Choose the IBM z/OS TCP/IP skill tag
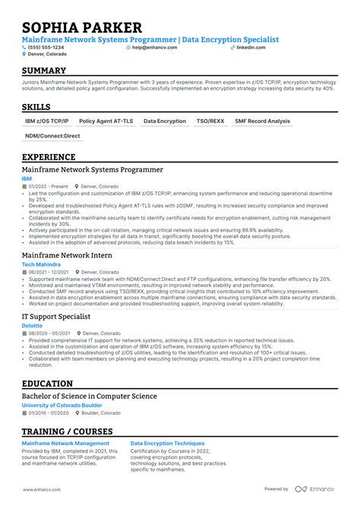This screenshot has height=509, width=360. click(46, 121)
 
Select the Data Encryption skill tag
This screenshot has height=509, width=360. click(164, 121)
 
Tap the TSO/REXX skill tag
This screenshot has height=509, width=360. click(210, 121)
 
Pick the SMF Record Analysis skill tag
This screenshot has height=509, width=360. click(262, 121)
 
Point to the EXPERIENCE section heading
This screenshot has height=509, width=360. click(49, 157)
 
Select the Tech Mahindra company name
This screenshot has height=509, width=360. click(41, 264)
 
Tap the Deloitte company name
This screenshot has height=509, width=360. click(32, 324)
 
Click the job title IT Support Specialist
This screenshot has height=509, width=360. click(57, 316)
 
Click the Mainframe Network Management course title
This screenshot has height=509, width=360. click(65, 441)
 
